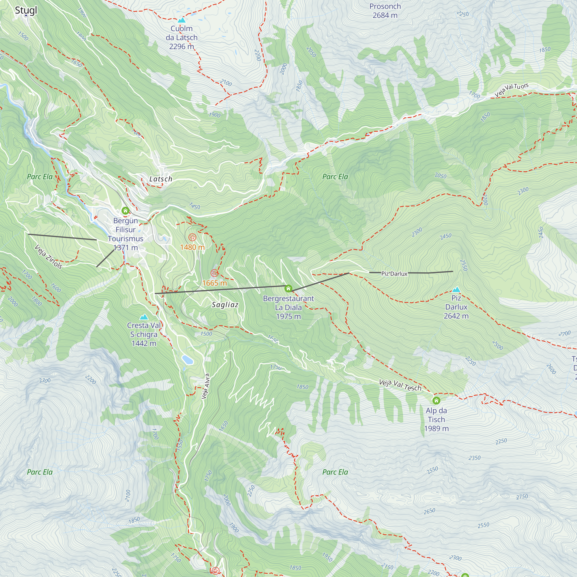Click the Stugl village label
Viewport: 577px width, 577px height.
[x=26, y=10]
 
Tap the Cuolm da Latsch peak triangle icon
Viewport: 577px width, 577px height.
[x=181, y=20]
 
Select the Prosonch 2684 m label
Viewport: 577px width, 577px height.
[x=385, y=11]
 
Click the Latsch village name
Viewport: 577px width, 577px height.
[x=161, y=179]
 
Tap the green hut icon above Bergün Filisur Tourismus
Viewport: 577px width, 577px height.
[x=125, y=211]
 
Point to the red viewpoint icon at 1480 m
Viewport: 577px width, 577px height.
[x=192, y=238]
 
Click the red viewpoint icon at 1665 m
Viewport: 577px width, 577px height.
[x=214, y=273]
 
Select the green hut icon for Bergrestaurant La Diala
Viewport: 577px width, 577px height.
[x=288, y=288]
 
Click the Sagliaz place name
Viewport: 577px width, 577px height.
[x=225, y=305]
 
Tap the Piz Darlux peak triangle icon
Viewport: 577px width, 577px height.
[x=456, y=289]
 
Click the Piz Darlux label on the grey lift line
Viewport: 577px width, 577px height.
[x=394, y=273]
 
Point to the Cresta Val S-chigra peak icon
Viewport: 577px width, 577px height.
[x=144, y=316]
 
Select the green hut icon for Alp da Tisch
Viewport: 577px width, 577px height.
[x=436, y=400]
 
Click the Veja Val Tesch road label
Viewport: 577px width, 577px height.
[x=400, y=385]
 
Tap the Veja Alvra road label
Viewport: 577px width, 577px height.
[x=205, y=386]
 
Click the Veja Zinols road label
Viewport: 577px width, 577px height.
[x=48, y=256]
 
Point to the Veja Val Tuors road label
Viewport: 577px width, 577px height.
[x=511, y=90]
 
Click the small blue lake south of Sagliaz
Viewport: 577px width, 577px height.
[x=188, y=359]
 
